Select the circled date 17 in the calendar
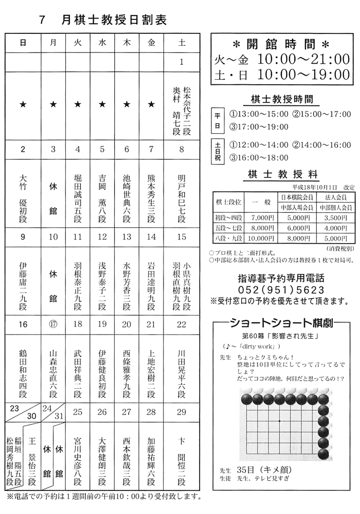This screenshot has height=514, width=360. pyautogui.click(x=53, y=325)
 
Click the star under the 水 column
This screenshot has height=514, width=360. pyautogui.click(x=102, y=105)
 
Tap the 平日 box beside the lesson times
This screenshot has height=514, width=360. pyautogui.click(x=217, y=120)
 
